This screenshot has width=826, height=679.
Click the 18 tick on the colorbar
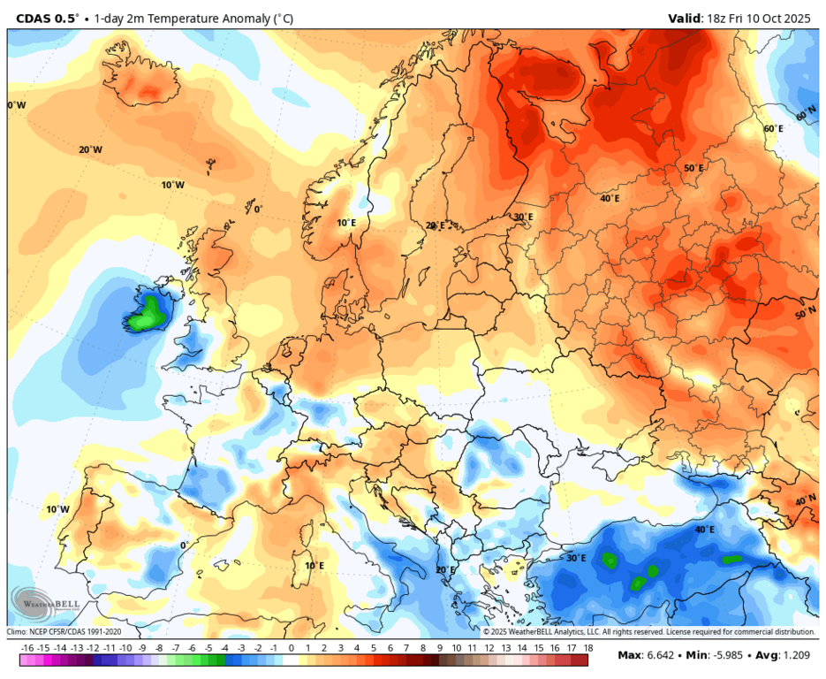pos(587,648)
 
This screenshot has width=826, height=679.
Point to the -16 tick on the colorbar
pos(27,648)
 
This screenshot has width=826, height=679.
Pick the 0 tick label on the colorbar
pos(292,648)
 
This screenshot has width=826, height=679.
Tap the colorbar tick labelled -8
pos(159,648)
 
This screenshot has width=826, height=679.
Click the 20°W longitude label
pos(90,149)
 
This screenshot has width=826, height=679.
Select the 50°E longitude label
pos(693,168)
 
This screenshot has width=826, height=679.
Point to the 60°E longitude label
pos(773,128)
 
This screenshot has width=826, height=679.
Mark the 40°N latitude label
pos(806,500)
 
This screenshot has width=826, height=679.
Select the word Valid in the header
pos(686,18)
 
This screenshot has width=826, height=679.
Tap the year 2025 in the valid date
pos(797,18)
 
